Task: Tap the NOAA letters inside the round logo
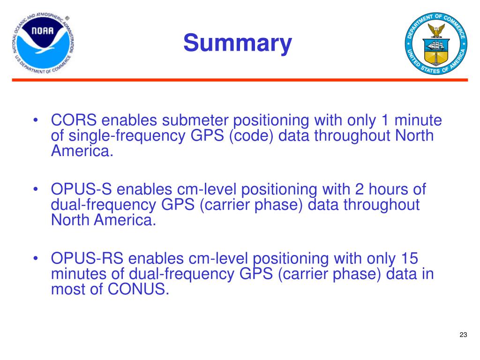coord(43,30)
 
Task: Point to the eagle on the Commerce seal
coord(436,30)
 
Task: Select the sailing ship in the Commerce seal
coord(436,46)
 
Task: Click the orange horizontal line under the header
coord(240,80)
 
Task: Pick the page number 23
coord(463,335)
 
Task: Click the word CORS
coord(74,120)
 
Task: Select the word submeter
coord(195,120)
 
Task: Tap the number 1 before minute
coord(385,120)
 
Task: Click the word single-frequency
coord(127,136)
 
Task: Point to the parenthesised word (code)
coord(251,136)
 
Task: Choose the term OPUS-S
coord(81,189)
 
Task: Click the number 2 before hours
coord(360,189)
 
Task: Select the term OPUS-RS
coord(87,258)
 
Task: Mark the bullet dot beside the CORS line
coord(36,120)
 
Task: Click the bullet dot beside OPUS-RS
coord(36,258)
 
